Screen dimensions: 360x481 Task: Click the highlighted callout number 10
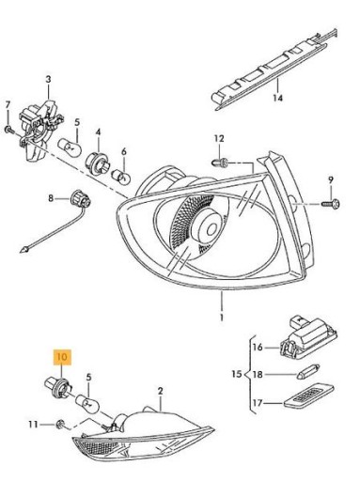pyautogui.click(x=62, y=357)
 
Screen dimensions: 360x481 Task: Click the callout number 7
pyautogui.click(x=8, y=103)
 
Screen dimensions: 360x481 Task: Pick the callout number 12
pyautogui.click(x=218, y=140)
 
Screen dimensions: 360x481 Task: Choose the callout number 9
pyautogui.click(x=330, y=180)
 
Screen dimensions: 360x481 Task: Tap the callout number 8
pyautogui.click(x=53, y=198)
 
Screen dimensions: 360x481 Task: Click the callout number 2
pyautogui.click(x=161, y=390)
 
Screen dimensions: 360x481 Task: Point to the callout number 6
pyautogui.click(x=123, y=151)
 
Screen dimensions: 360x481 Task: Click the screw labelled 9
pyautogui.click(x=330, y=201)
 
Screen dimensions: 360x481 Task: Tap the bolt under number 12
pyautogui.click(x=223, y=163)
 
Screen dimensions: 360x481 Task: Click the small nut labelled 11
pyautogui.click(x=58, y=425)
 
